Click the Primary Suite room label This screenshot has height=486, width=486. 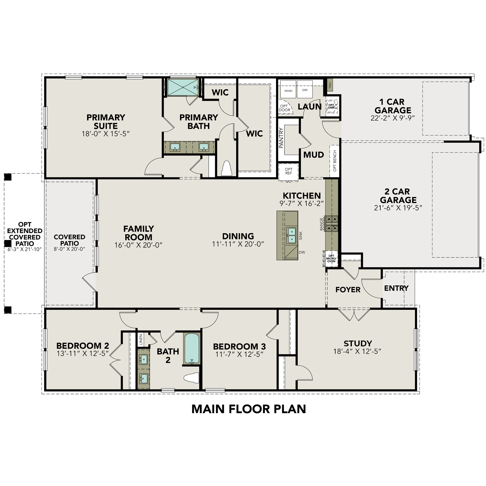pos(106,121)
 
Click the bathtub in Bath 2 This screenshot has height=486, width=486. pos(192,349)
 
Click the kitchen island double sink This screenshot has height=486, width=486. pos(291,235)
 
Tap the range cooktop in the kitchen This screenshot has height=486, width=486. pos(331,224)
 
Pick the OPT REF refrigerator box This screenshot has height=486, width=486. pos(288,171)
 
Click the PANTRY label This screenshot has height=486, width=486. pos(281,138)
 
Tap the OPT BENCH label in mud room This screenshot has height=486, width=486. pos(335,161)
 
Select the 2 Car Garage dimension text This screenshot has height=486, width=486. pos(398,208)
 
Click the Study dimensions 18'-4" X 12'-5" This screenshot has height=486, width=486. pos(357,352)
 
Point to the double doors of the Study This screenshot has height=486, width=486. pos(354,315)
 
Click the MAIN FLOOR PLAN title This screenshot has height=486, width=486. pos(249,409)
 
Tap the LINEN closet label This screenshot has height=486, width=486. pos(141,339)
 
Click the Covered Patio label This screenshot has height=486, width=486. pos(69,240)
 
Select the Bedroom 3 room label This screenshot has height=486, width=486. pos(239,346)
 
